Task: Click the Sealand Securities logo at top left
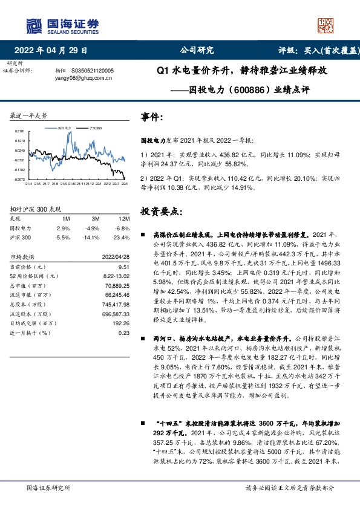[61, 26]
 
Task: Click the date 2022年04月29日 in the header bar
[54, 51]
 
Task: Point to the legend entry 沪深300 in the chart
[96, 129]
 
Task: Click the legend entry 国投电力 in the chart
[65, 129]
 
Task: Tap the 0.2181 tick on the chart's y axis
[20, 131]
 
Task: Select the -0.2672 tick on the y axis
[20, 180]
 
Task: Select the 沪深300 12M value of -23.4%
[122, 238]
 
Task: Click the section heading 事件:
[151, 117]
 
